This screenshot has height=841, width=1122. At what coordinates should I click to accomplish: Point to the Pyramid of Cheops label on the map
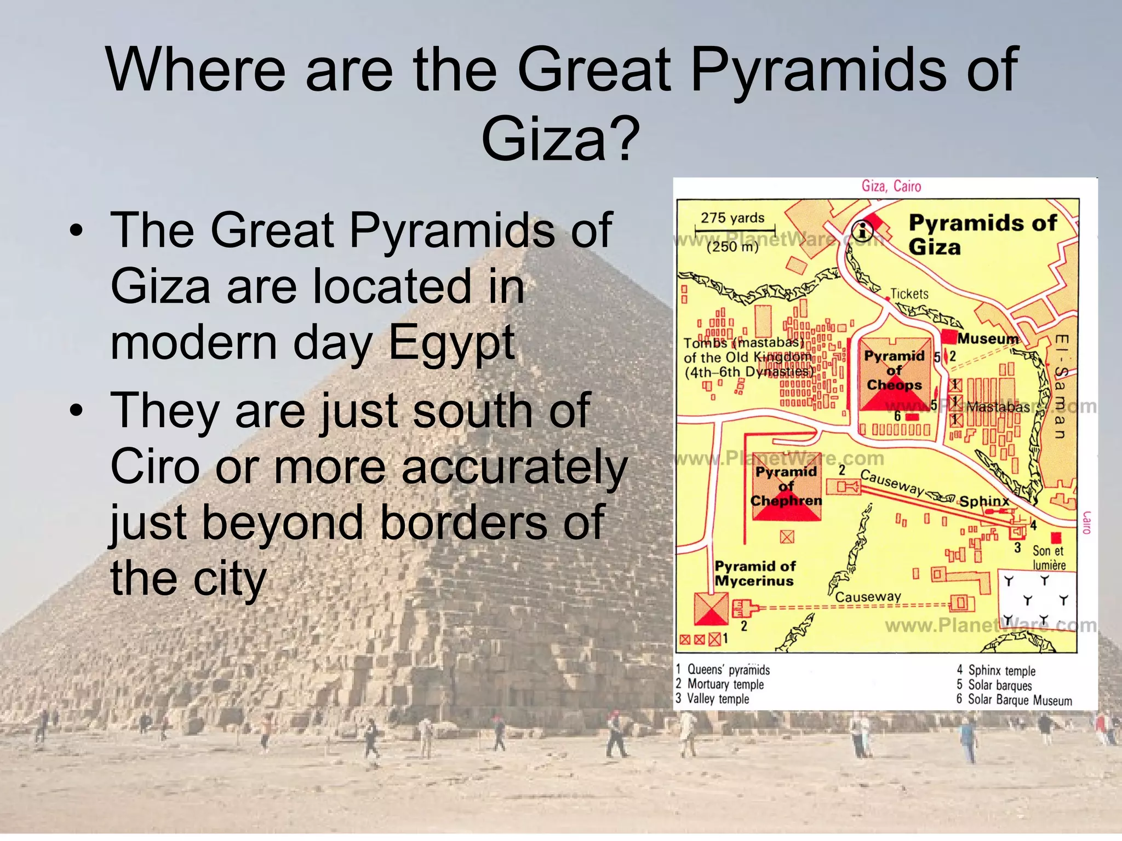(x=894, y=371)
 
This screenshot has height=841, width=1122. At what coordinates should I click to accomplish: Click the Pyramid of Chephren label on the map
(x=786, y=486)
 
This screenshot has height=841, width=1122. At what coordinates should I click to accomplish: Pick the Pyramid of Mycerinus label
(x=755, y=573)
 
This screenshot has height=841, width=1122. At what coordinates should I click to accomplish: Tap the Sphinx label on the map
(x=984, y=501)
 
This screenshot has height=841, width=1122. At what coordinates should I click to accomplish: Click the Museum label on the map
(x=988, y=339)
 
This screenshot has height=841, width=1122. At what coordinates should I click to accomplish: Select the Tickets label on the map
(x=909, y=294)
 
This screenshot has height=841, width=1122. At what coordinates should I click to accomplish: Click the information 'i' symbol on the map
(x=863, y=231)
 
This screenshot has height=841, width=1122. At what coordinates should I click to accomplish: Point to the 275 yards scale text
(x=732, y=218)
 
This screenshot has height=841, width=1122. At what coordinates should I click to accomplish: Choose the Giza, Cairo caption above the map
(x=891, y=186)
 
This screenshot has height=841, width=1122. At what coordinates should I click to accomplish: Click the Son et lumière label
(x=1049, y=557)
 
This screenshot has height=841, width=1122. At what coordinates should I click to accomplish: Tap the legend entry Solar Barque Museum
(x=1020, y=700)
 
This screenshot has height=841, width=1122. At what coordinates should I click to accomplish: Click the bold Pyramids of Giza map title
(x=982, y=234)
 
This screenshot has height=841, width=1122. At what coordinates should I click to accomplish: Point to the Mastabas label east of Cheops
(x=998, y=407)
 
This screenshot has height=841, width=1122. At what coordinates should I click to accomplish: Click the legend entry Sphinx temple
(x=1001, y=671)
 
